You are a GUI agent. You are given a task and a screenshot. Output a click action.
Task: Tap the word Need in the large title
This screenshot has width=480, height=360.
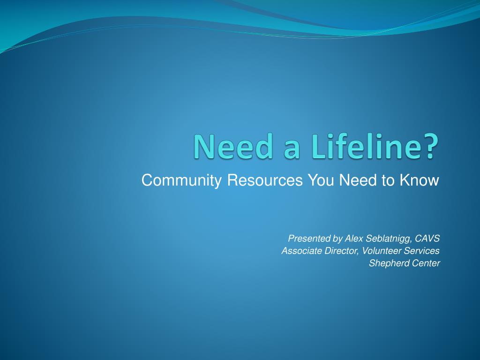click(232, 146)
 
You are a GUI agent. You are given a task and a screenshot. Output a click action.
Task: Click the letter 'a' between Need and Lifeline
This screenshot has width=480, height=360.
click(292, 150)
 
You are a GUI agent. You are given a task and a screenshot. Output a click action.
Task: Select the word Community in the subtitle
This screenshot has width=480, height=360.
click(181, 180)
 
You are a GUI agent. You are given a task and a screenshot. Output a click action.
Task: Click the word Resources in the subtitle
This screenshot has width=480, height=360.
click(265, 180)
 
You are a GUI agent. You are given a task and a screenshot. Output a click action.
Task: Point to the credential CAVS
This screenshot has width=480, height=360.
click(427, 239)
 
